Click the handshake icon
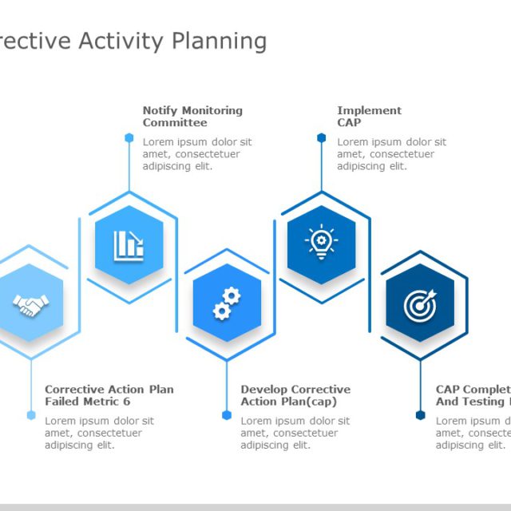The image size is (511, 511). tap(30, 303)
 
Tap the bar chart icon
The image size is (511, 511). tap(129, 244)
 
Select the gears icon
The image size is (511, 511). tap(227, 303)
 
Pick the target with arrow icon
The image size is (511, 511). tap(420, 304)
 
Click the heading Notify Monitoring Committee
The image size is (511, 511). tap(192, 117)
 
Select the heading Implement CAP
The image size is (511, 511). tap(369, 117)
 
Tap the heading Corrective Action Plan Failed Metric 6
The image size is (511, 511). tap(109, 395)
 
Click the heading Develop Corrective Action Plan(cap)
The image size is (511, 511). tap(295, 395)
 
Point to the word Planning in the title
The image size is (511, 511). tap(217, 41)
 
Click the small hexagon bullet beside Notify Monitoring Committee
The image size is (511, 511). tap(129, 138)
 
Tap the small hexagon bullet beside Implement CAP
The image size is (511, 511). tap(321, 138)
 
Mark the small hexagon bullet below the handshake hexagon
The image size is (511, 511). tap(31, 415)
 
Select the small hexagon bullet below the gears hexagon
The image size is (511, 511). tap(227, 415)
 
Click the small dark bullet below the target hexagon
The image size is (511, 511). tap(420, 415)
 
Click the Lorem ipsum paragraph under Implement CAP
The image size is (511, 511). tap(391, 154)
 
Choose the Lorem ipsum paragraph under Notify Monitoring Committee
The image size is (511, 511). tap(197, 154)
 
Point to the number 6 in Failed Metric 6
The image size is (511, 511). tap(126, 402)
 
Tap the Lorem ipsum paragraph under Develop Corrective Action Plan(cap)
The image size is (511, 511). tap(295, 433)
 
